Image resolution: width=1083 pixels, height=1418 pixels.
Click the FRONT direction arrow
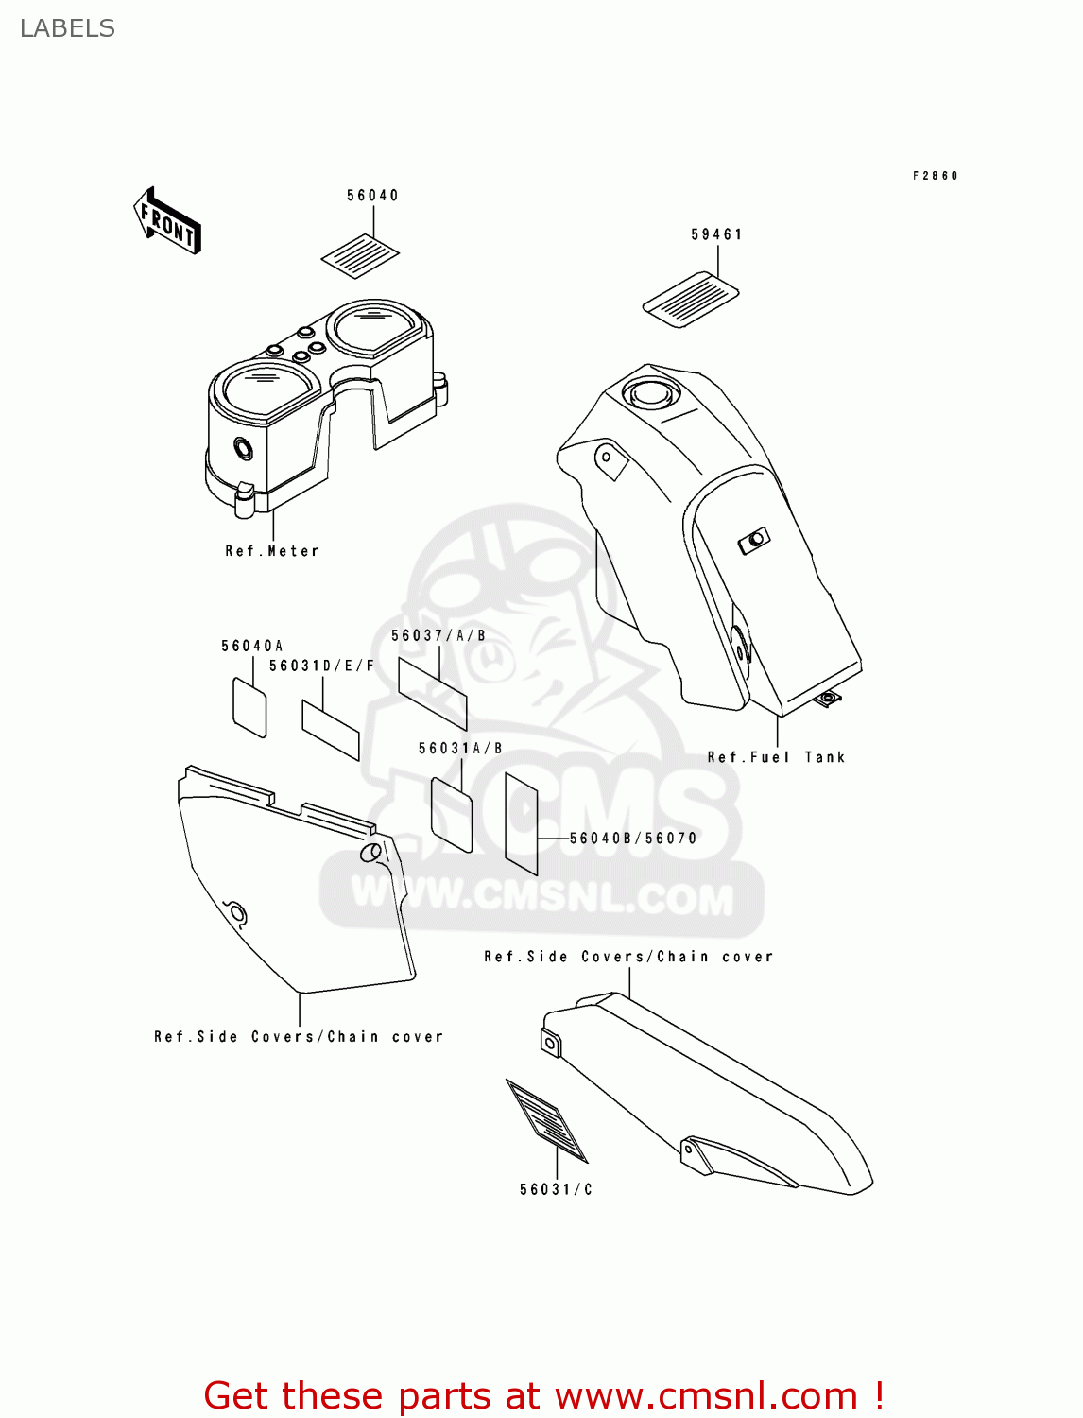(167, 221)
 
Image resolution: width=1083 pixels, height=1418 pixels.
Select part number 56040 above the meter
(372, 196)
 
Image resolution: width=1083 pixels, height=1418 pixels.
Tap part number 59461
(716, 234)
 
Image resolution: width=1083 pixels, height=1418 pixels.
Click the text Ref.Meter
(272, 551)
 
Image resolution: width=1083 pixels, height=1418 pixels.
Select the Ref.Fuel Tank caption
(776, 757)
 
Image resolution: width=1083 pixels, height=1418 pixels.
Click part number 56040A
(251, 647)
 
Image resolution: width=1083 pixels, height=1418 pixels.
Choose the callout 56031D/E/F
(322, 666)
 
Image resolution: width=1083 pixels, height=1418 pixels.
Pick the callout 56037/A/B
(438, 636)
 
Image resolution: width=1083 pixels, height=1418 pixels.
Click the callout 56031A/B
(460, 749)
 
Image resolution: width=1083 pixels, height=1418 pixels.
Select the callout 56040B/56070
(633, 839)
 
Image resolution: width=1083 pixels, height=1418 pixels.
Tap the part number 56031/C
(556, 1190)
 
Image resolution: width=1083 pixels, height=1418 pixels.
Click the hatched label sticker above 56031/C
(547, 1119)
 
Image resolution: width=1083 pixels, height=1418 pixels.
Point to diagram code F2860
(935, 176)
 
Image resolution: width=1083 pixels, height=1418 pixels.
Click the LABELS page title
(67, 28)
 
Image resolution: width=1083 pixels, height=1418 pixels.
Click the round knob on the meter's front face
(244, 448)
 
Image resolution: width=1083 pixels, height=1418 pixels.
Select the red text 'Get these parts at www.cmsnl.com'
(543, 1395)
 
